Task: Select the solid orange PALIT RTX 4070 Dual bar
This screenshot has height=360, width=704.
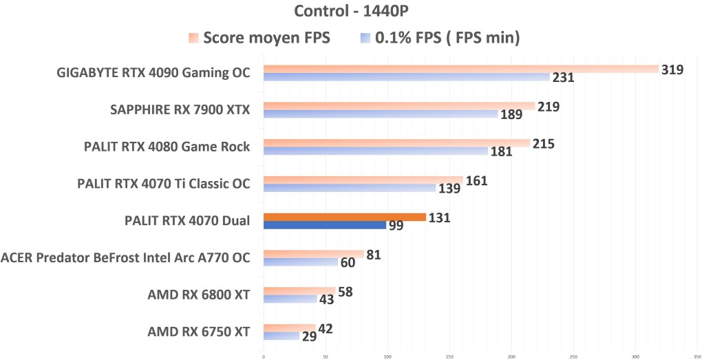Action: (344, 217)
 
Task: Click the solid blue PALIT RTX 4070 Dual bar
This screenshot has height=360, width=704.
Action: (324, 225)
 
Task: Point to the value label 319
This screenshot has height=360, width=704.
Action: (672, 70)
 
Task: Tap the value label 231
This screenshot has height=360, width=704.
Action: (563, 78)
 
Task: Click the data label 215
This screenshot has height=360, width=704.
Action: (543, 144)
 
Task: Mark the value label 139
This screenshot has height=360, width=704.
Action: (449, 189)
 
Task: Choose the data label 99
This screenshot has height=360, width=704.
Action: (396, 226)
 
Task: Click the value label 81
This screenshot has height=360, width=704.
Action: (374, 255)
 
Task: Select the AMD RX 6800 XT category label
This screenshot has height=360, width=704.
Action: (198, 295)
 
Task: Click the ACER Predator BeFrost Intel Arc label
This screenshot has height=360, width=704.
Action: (125, 258)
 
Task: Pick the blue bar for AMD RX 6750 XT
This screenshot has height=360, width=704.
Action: (281, 336)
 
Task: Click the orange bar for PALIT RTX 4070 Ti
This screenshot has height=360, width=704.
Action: (363, 180)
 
